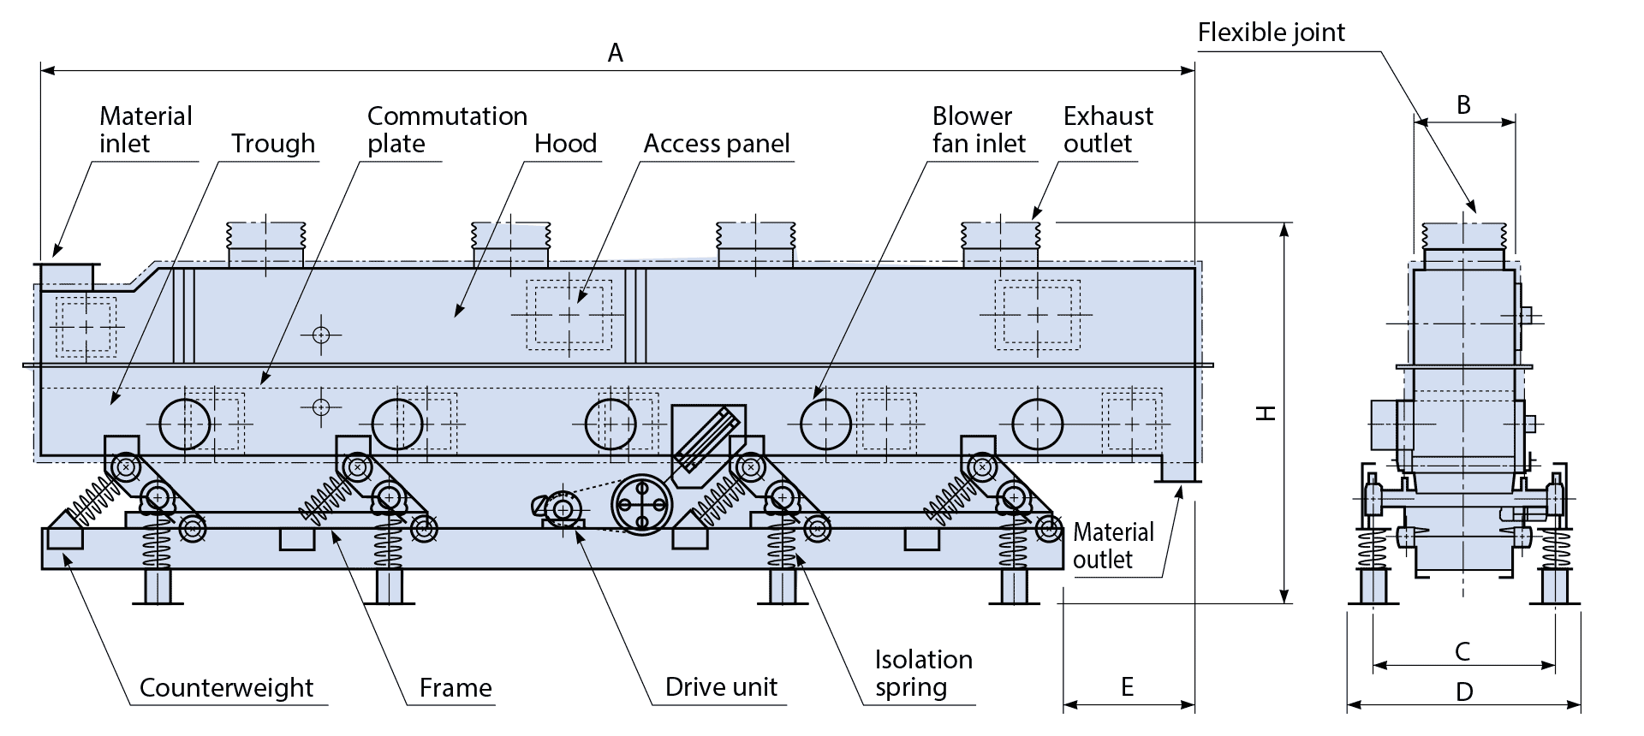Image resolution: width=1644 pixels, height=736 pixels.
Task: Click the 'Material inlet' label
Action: (x=146, y=129)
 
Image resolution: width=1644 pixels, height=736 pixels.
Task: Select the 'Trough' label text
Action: (x=273, y=143)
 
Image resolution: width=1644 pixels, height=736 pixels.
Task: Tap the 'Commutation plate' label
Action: (x=447, y=129)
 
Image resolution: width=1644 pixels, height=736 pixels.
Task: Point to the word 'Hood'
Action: (x=565, y=143)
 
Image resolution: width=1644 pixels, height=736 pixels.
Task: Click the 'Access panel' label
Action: (x=717, y=143)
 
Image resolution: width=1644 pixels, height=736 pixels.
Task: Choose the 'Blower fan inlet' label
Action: (x=979, y=129)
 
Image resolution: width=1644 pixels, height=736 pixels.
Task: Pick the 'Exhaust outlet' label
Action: (x=1108, y=129)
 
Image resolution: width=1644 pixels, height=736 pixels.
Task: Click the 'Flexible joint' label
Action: (x=1272, y=33)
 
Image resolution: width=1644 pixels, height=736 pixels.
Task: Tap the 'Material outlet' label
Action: (x=1113, y=545)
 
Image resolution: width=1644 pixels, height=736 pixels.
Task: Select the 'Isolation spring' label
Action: (x=923, y=674)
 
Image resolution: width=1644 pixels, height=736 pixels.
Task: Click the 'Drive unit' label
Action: (x=721, y=687)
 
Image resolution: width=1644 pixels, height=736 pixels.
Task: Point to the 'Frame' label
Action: (x=456, y=687)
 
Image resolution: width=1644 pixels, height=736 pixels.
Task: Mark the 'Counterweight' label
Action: (x=226, y=687)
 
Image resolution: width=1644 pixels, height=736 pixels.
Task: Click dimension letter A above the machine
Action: (x=616, y=53)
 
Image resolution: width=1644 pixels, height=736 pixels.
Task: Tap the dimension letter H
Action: (x=1266, y=413)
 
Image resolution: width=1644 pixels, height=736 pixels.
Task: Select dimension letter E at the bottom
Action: (x=1128, y=686)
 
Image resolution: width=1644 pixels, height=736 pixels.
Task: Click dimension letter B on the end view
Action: (x=1463, y=104)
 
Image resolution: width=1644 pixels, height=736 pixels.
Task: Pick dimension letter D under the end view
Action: (x=1464, y=691)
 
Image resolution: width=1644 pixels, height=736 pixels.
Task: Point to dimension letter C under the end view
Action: (x=1462, y=651)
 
